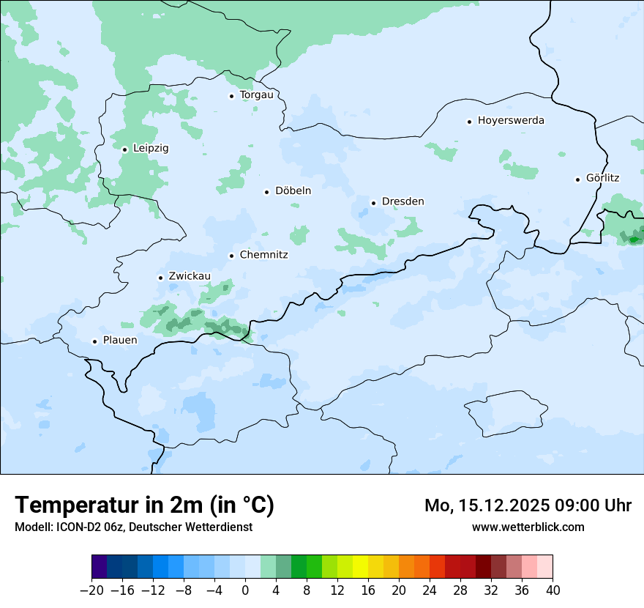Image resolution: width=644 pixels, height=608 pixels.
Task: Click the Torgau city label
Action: coord(256,95)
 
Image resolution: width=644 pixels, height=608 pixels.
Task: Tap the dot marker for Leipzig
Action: coord(125,149)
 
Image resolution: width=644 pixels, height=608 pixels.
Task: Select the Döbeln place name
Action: coord(293,191)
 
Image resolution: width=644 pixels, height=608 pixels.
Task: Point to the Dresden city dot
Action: coord(373,203)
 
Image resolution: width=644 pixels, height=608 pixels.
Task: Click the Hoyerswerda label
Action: coord(511,121)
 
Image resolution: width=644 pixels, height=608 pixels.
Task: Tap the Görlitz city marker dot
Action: coord(578,179)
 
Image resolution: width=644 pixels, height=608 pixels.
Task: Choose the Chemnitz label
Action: coord(263,256)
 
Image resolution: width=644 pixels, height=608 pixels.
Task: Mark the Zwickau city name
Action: coord(190,277)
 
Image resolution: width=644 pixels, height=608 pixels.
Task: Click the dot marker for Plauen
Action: coord(94,341)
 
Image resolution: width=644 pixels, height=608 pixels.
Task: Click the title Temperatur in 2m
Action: coord(144,505)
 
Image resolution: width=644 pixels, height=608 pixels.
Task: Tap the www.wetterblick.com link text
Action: coord(528,527)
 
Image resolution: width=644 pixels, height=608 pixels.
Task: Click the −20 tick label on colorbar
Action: coord(92,590)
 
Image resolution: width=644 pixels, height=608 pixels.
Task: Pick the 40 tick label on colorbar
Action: coord(553,590)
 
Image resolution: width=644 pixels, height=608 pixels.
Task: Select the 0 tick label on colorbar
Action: coord(245,590)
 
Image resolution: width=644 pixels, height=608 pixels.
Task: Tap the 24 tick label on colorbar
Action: coord(430,590)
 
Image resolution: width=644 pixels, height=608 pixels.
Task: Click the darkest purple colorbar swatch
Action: coord(100,567)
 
